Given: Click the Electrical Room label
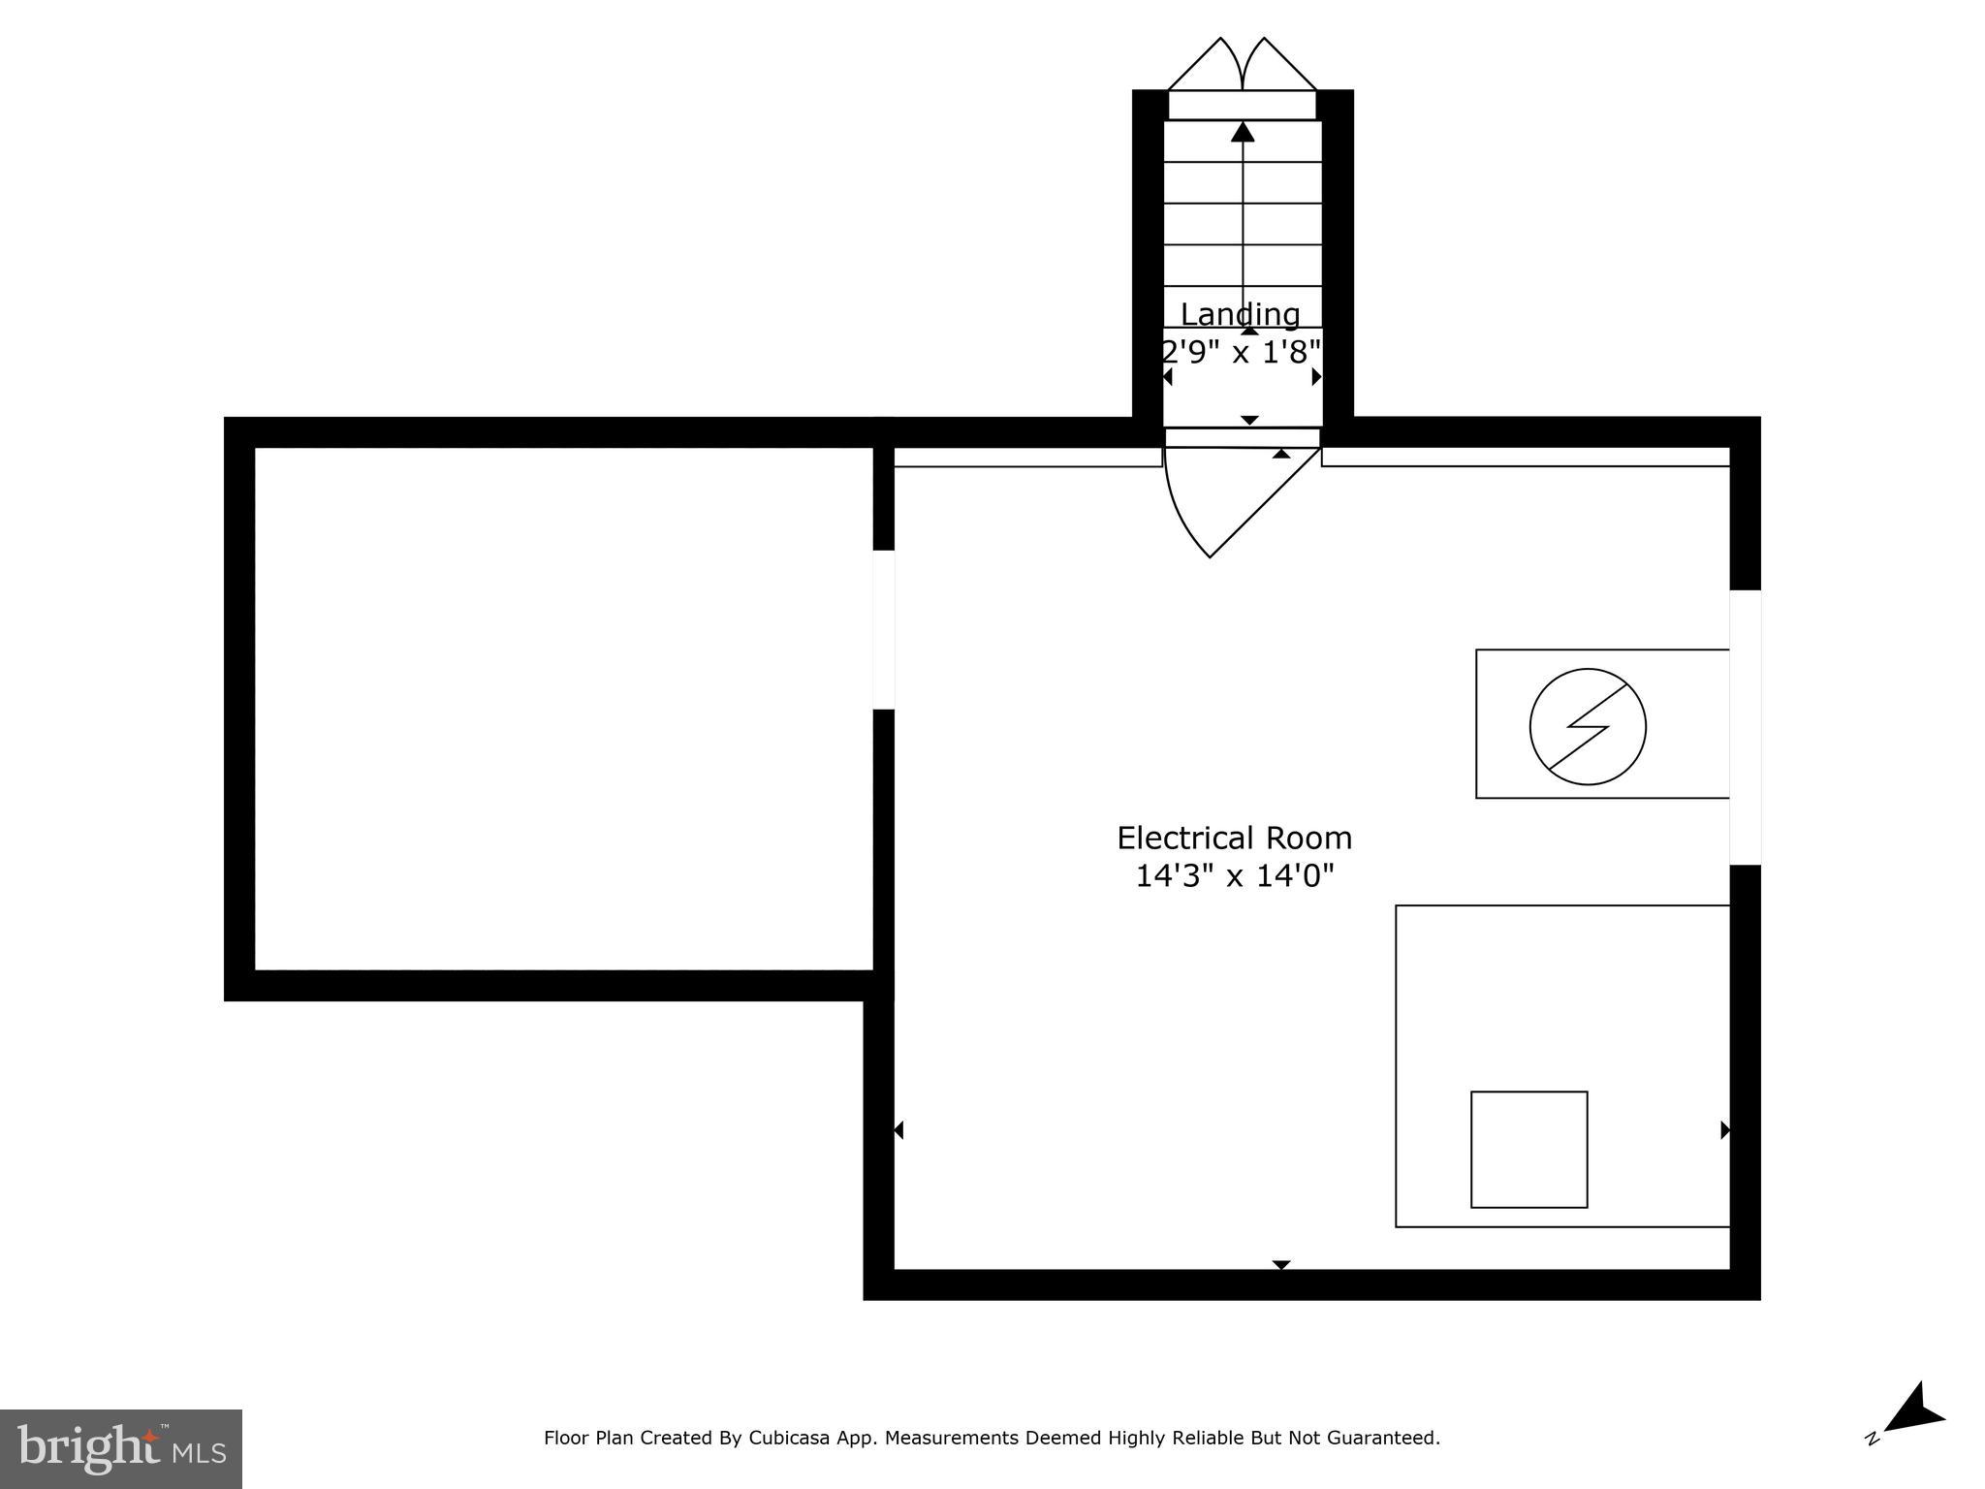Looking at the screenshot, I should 1234,838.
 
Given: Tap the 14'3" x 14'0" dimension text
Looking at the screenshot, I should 1234,876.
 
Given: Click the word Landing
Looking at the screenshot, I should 1240,314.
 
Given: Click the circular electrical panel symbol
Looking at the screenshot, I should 1588,726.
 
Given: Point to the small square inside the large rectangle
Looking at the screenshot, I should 1528,1150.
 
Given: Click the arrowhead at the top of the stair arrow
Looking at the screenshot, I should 1243,132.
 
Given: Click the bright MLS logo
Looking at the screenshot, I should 121,1448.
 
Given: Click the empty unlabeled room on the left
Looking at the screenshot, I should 562,708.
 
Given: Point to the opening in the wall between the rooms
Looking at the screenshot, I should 883,629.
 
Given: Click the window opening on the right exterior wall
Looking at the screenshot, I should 1745,727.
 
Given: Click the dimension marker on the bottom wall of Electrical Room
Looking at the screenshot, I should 1281,1265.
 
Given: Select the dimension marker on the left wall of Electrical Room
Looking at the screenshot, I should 898,1130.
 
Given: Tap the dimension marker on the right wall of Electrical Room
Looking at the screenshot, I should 1724,1130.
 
